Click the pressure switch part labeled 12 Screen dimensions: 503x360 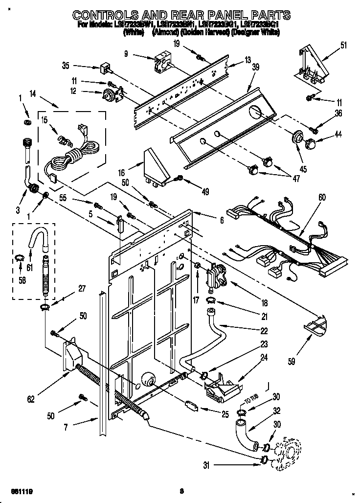(x=110, y=94)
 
